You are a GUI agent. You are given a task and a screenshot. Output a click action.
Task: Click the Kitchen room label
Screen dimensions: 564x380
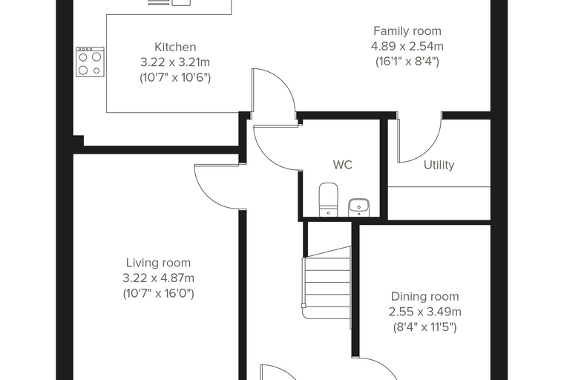click(175, 47)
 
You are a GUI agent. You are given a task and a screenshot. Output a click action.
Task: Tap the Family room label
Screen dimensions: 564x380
click(407, 31)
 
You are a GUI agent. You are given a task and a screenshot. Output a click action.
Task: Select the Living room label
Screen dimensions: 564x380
click(158, 263)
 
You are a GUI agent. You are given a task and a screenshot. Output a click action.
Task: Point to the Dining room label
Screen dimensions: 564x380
click(424, 297)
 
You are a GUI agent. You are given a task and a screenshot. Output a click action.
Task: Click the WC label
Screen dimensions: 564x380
click(342, 165)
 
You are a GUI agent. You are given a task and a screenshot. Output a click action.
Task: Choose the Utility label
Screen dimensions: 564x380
click(439, 165)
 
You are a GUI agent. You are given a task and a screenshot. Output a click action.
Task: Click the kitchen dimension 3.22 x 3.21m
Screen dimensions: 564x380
click(175, 62)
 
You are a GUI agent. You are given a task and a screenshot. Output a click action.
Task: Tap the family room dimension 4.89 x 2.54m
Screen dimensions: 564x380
click(407, 47)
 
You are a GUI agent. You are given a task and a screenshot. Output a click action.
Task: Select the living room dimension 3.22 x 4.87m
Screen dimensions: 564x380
click(158, 278)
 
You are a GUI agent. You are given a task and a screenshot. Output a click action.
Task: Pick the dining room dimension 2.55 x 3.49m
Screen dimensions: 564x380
click(424, 312)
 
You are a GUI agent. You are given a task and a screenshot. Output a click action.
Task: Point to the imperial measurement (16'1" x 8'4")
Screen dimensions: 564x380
click(407, 62)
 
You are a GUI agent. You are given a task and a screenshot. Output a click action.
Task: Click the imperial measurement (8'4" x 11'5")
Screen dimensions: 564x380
click(424, 327)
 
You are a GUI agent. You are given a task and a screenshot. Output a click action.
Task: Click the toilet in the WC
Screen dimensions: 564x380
click(329, 200)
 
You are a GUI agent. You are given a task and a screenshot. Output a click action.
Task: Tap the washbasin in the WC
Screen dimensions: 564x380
click(359, 208)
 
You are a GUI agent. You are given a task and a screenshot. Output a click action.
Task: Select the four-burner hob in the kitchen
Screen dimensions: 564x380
click(90, 62)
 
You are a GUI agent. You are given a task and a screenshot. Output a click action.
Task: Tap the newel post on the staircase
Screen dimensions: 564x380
click(304, 306)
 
